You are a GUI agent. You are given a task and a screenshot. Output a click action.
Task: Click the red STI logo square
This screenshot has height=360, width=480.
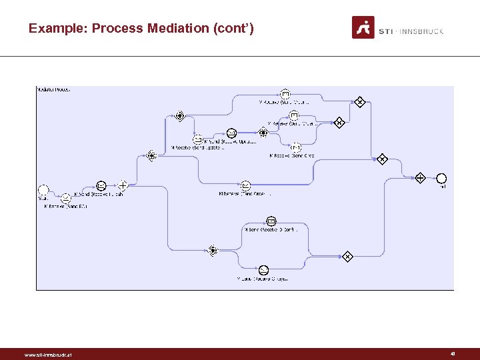pos(363,27)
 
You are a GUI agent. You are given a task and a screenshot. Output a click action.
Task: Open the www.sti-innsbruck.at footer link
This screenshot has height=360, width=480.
pos(47,355)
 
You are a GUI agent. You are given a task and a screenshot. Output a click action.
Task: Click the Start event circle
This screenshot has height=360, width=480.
pos(44,189)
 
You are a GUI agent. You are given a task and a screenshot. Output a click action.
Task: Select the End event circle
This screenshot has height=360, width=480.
pos(441,178)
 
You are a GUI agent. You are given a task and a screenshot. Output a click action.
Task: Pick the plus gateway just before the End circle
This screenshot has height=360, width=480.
pos(420,178)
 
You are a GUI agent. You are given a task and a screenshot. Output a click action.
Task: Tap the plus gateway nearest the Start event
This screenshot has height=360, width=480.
pos(123,185)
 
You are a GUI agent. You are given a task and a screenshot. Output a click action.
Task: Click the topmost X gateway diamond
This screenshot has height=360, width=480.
pos(359,101)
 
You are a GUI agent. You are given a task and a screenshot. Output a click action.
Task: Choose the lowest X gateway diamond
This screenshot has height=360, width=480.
pos(347,256)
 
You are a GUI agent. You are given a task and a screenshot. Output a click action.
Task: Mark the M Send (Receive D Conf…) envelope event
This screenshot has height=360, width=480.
pos(271,221)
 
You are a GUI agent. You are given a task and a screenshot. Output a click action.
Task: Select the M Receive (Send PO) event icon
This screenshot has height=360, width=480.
pos(65,198)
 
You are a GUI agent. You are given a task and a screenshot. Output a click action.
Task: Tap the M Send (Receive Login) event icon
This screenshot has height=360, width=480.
pos(101,185)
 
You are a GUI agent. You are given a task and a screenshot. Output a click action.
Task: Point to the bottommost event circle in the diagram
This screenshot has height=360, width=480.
pos(263,269)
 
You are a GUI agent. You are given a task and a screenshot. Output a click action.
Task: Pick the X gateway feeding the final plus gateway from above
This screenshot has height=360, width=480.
pos(382,159)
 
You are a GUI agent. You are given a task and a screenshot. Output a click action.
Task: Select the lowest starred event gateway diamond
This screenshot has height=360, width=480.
pos(213,250)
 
